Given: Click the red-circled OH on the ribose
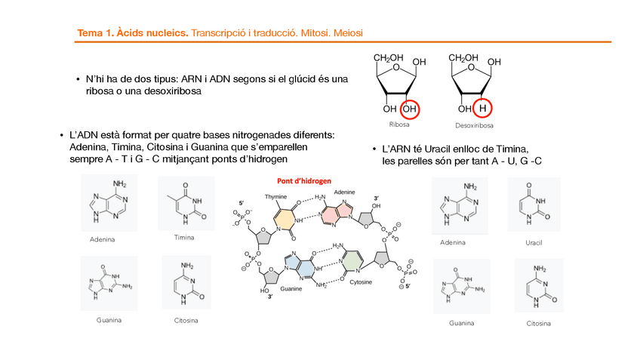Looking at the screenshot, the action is [x=410, y=109].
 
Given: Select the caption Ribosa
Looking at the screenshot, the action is [x=399, y=125].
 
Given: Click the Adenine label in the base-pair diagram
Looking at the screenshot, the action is [x=344, y=192].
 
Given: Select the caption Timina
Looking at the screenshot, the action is [x=184, y=237].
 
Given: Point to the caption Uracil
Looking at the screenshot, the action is [x=534, y=242].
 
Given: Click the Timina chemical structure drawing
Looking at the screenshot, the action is [x=185, y=205].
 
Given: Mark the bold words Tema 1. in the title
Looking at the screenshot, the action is [x=94, y=34].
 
